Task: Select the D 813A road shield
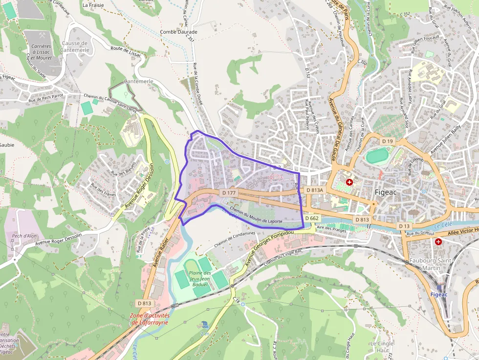pyautogui.click(x=314, y=190)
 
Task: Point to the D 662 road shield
pyautogui.click(x=311, y=218)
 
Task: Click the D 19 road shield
pyautogui.click(x=388, y=141)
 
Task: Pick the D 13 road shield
pyautogui.click(x=404, y=226)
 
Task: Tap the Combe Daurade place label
pyautogui.click(x=178, y=32)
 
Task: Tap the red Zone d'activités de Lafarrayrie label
pyautogui.click(x=150, y=318)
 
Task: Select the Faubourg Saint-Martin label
pyautogui.click(x=432, y=264)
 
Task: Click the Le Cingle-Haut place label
pyautogui.click(x=382, y=347)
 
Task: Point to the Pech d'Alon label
pyautogui.click(x=25, y=235)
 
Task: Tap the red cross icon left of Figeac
pyautogui.click(x=349, y=182)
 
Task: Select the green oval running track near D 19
pyautogui.click(x=378, y=156)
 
